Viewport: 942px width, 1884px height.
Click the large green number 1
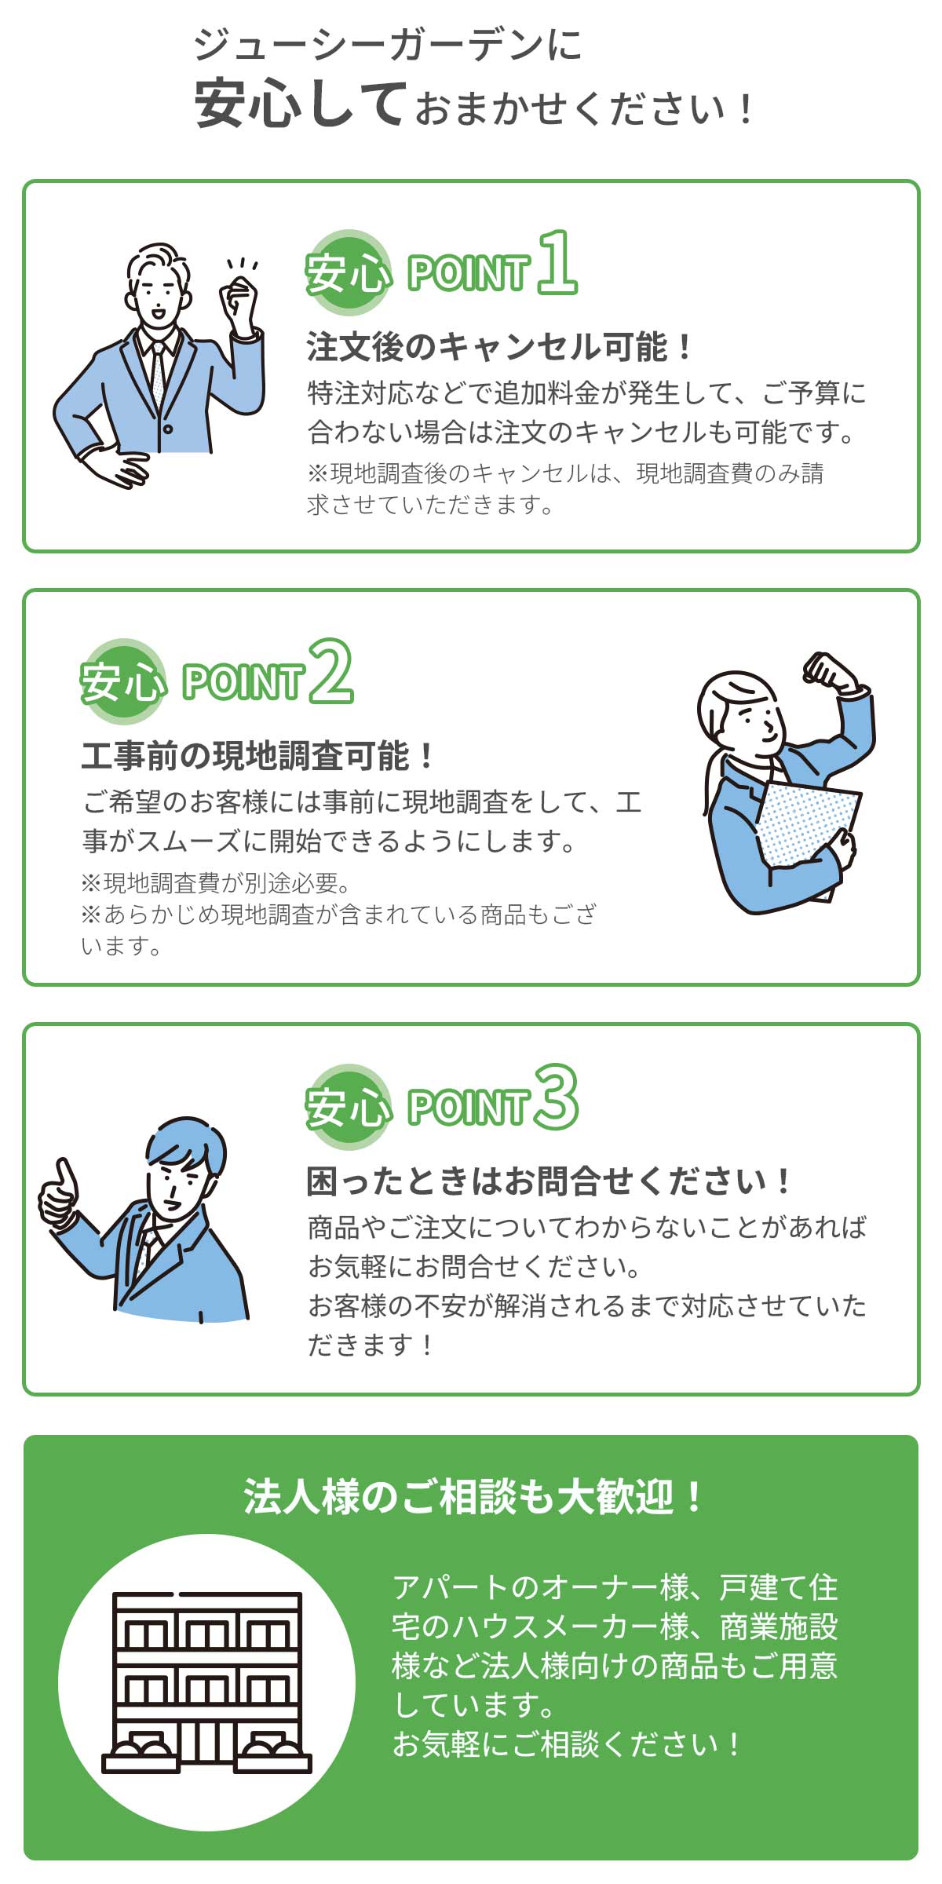[x=557, y=264]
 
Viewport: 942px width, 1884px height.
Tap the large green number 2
[x=330, y=672]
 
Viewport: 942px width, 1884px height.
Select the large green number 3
[x=557, y=1097]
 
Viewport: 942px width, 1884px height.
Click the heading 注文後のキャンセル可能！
[x=499, y=347]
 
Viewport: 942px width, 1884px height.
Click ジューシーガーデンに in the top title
[x=388, y=45]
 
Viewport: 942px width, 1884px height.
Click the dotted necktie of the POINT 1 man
[x=159, y=377]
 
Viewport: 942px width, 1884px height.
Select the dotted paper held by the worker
[x=805, y=824]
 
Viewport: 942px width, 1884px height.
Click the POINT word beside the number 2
[x=243, y=681]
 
